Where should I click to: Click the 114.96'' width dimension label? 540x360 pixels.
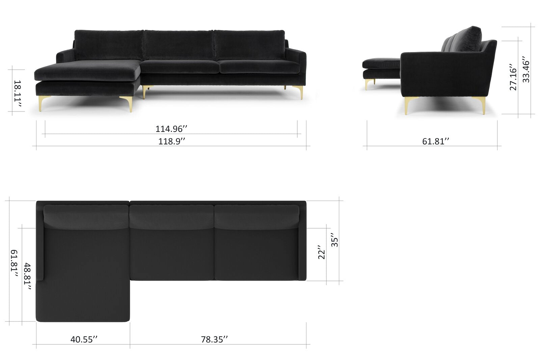point(171,129)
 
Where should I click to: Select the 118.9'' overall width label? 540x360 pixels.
point(172,141)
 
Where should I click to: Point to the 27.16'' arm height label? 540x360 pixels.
point(513,77)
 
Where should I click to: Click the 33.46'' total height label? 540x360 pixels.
point(526,70)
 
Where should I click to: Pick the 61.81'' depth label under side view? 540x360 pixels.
point(436,141)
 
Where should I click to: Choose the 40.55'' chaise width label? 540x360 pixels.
point(84,339)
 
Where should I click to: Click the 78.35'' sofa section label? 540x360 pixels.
point(214,339)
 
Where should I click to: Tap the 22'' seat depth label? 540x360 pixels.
point(322,252)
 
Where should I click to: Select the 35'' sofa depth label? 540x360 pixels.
point(334,240)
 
